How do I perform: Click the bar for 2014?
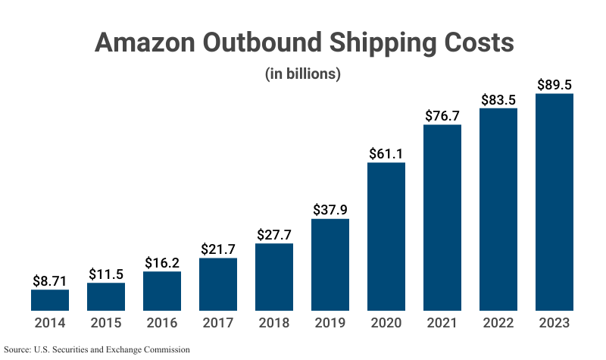50,300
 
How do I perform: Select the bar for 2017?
218,284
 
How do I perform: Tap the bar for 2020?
386,236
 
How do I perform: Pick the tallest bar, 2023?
554,202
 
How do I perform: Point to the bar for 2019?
330,265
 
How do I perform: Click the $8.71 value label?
50,280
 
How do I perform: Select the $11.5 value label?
106,274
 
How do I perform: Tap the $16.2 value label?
162,262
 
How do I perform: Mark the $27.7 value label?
274,234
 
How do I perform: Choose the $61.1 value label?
386,153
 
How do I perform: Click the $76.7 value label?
442,115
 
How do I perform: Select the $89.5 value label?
554,84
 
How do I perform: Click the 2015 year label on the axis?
106,323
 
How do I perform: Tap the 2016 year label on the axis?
162,323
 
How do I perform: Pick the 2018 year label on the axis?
274,323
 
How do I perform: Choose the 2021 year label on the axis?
442,323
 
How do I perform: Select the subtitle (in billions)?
303,74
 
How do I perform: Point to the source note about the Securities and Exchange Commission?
96,349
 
